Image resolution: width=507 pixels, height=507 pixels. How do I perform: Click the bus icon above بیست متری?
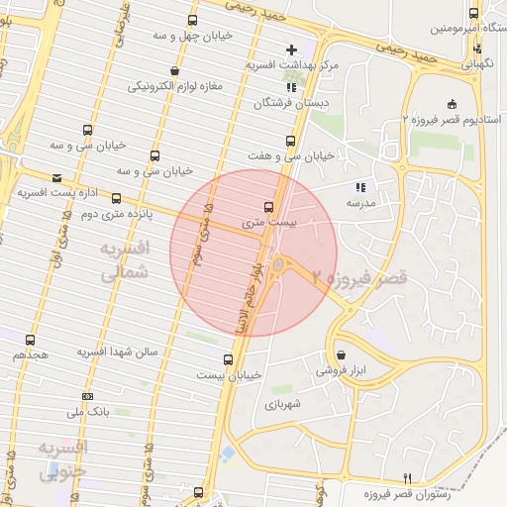coord(268,207)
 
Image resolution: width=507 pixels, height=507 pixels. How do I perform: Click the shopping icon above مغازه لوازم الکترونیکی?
coord(175,70)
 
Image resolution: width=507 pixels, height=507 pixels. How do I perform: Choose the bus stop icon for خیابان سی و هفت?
coord(289,141)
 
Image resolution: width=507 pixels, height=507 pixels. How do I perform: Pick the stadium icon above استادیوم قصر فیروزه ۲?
coord(453,104)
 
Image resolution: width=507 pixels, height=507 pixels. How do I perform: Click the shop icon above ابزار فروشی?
coord(341,355)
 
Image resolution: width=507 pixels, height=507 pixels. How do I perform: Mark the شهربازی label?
coord(282,404)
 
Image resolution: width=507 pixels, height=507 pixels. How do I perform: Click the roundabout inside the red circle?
coord(281,264)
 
